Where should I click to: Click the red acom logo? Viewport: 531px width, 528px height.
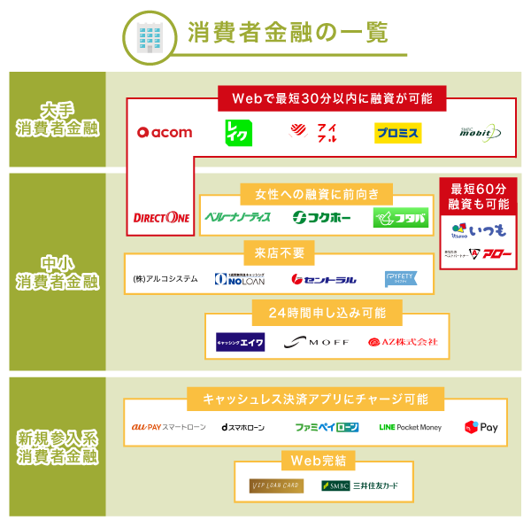coord(165,133)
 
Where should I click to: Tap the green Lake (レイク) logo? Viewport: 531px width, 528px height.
coord(239,133)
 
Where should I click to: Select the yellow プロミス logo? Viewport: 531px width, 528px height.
coord(397,133)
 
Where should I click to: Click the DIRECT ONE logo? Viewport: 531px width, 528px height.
coord(161,217)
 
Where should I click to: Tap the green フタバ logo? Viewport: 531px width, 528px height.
coord(400,217)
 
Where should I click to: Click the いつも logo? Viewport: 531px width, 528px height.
coord(479,231)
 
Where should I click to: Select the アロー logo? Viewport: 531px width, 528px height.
coord(479,254)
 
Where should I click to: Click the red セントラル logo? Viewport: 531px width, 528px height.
coord(324,280)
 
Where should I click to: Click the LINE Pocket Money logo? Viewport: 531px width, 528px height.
coord(410,427)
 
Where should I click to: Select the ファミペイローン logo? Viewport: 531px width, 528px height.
coord(327,427)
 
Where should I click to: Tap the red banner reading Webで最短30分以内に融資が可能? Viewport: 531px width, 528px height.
coord(332,97)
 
